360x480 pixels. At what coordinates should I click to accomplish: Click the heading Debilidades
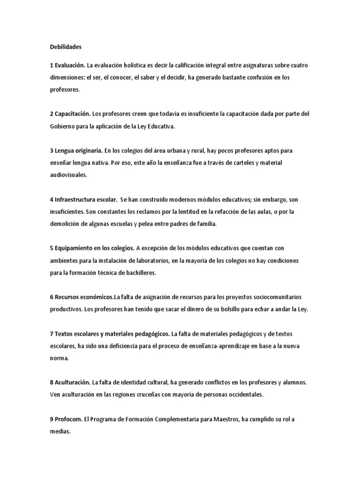tap(65, 47)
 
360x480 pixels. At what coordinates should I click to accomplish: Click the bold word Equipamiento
tap(77, 248)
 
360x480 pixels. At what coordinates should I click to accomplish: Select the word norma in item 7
tap(60, 358)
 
